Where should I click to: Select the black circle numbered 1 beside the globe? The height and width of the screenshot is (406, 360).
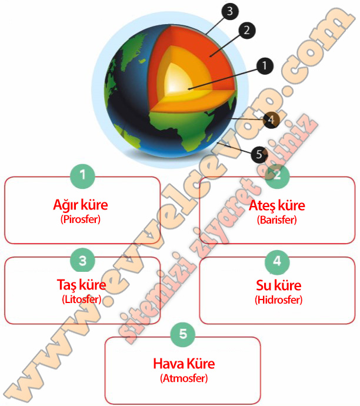tap(265, 66)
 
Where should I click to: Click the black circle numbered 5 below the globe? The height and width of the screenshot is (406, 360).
tap(259, 155)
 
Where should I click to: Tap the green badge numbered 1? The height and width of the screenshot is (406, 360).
tap(83, 175)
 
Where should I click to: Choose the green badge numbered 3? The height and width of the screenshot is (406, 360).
tap(83, 259)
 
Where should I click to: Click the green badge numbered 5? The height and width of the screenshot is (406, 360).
tap(183, 334)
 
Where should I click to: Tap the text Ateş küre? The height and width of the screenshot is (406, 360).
tap(277, 205)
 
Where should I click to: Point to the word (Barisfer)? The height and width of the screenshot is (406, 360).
tap(277, 219)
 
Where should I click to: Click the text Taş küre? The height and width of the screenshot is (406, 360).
tap(81, 285)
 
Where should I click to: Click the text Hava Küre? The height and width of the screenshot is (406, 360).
tap(184, 363)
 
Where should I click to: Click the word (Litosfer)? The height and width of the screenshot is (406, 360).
tap(81, 299)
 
